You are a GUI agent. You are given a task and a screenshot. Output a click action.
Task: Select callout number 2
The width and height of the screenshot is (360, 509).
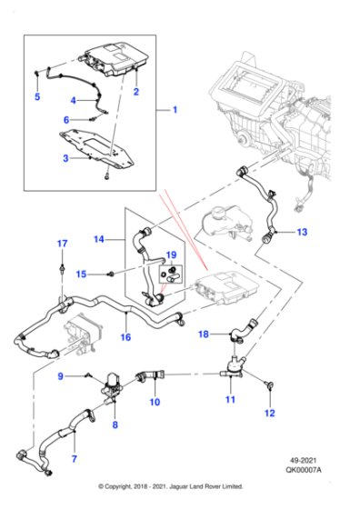136,93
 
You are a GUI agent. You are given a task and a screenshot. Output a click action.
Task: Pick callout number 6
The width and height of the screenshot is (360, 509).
66,120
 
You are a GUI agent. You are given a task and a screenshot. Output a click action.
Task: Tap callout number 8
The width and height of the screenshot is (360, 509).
115,424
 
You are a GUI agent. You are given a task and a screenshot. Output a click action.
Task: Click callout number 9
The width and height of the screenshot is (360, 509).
60,375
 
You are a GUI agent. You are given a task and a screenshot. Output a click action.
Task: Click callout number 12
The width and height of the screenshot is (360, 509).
268,414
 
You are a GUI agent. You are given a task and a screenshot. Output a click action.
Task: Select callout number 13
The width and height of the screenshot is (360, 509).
302,233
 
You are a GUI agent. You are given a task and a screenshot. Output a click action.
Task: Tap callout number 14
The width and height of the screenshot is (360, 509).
100,240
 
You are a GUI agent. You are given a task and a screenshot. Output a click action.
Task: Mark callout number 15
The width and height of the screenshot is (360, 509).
81,274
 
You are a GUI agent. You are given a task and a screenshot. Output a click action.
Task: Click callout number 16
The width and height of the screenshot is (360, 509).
126,337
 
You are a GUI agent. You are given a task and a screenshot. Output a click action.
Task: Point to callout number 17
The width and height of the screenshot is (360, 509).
62,244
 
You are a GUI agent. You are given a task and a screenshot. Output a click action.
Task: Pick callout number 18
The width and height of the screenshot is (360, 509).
204,334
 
